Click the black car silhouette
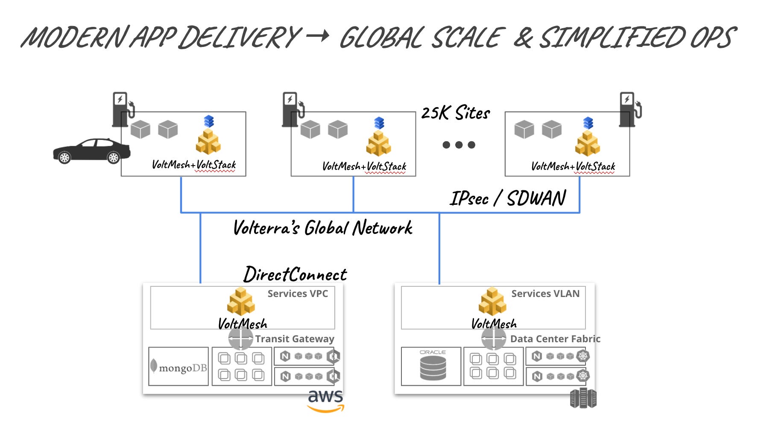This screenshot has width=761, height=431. point(92,151)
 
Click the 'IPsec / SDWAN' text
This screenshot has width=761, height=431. point(508,198)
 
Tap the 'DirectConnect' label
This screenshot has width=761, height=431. point(295,274)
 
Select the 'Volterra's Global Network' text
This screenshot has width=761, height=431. point(323,228)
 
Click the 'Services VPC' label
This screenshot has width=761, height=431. point(298,294)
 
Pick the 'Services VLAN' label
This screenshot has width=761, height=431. point(545,294)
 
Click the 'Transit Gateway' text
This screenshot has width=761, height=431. point(295,339)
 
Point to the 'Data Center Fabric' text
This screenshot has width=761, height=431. point(555,339)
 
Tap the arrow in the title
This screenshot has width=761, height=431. point(318,36)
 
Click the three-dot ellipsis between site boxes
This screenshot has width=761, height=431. point(459,145)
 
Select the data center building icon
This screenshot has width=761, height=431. point(583,398)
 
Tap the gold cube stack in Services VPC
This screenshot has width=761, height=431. point(241,302)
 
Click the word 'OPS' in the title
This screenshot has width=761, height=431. point(713,38)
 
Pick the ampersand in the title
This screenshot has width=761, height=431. point(524,37)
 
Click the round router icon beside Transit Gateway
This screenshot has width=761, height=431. point(241,339)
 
